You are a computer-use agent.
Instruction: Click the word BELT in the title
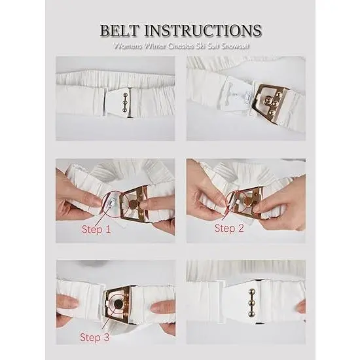click(x=119, y=30)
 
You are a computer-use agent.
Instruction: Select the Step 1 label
click(x=96, y=229)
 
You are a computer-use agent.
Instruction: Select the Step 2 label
click(x=229, y=228)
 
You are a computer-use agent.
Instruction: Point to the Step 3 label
click(x=95, y=337)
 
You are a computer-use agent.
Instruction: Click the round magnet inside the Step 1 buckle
click(x=133, y=204)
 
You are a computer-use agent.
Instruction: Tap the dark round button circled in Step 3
click(x=118, y=304)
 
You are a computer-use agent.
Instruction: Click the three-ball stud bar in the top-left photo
click(x=125, y=102)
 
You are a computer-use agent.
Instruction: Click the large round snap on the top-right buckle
click(x=268, y=99)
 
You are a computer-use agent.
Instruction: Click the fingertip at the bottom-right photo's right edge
click(x=302, y=306)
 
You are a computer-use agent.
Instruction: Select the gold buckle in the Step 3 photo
click(x=117, y=305)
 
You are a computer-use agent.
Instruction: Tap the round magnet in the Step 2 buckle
click(x=248, y=202)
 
